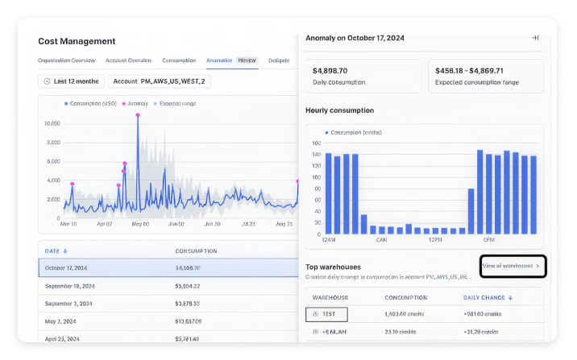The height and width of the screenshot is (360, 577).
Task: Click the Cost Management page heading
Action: [77, 41]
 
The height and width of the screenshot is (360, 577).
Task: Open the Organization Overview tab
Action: [67, 60]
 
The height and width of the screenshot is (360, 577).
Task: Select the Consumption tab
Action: [178, 60]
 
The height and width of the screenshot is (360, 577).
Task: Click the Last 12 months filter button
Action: [72, 81]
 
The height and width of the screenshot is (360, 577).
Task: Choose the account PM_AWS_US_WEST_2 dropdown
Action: [159, 81]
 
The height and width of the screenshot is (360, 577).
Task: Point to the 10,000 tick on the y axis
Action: [52, 123]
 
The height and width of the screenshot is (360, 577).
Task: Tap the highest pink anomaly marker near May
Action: [138, 115]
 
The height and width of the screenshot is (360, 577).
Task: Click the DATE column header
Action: [56, 251]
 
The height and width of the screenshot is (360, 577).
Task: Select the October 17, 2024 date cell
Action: [66, 267]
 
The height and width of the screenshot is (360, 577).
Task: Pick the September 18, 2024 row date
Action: [70, 286]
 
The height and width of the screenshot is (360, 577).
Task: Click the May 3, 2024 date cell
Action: [62, 321]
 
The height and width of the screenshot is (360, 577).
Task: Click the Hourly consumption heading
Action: [339, 110]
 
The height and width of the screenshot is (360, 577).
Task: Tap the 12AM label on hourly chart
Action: [327, 240]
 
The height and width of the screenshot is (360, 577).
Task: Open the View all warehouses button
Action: [512, 265]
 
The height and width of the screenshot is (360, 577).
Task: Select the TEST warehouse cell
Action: [326, 315]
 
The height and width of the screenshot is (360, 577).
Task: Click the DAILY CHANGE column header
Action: [488, 297]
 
